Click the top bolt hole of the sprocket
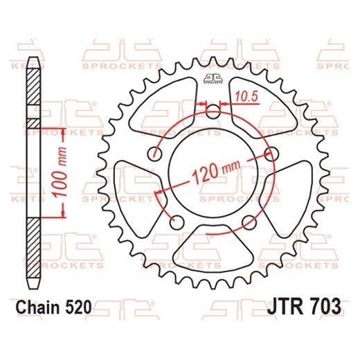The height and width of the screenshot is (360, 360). pos(212,111)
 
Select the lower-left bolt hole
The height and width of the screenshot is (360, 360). pos(176,222)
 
